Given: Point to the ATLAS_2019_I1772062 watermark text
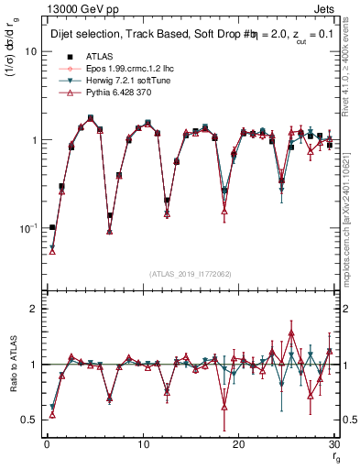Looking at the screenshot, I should click(190, 273).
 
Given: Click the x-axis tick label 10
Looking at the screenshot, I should click(142, 444).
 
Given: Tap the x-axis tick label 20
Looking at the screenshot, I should click(238, 444).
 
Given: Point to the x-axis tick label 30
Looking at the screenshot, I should click(333, 444).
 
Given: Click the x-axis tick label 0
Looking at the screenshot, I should click(47, 444).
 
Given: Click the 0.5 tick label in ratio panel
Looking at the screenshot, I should click(30, 420).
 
